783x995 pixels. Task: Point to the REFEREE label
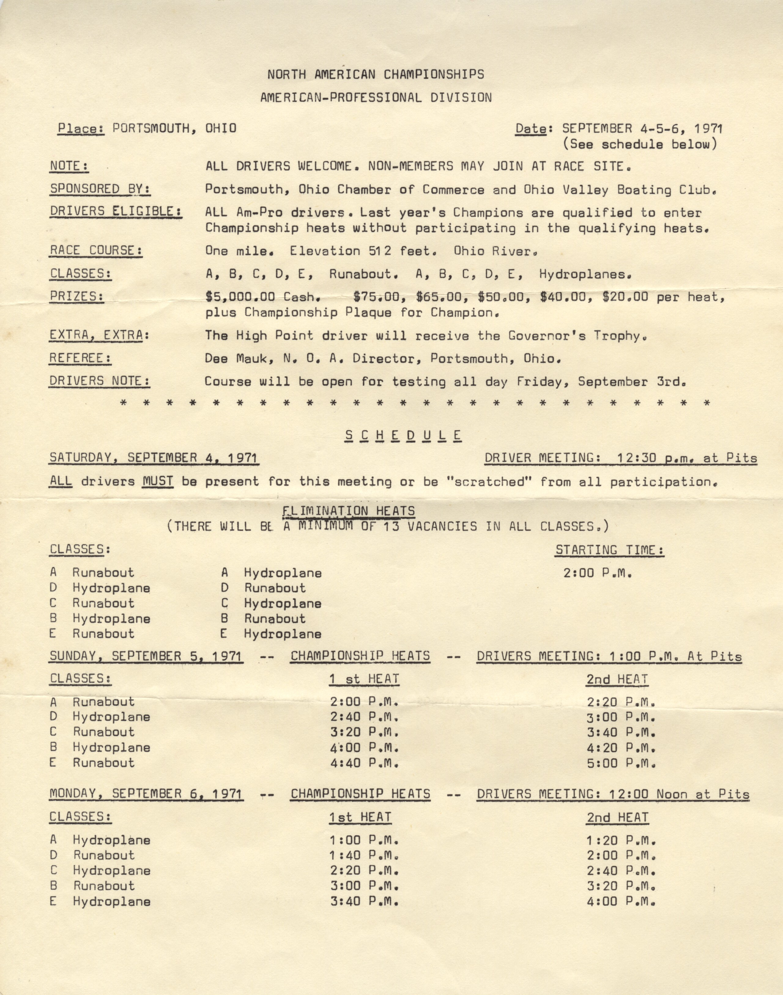80,358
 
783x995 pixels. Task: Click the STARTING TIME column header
610,549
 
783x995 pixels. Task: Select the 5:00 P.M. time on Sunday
621,763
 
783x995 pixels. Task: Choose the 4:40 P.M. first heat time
364,763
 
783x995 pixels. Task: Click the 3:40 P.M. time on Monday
364,901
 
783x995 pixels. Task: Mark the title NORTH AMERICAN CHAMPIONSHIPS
376,74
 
